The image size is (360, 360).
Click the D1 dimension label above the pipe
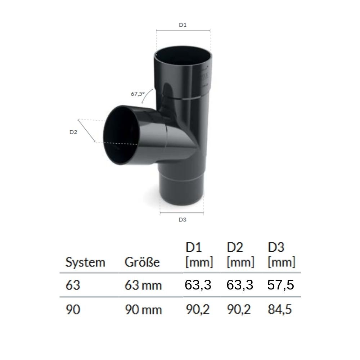(x=183, y=25)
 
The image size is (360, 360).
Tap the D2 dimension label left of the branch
(x=73, y=132)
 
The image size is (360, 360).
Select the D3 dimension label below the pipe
(x=182, y=220)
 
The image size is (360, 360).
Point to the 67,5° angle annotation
(x=137, y=94)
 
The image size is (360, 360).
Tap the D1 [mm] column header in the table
(x=199, y=255)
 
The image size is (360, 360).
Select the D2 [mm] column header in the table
(x=240, y=255)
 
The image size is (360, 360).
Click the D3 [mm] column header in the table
(x=281, y=255)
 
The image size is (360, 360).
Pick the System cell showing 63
(x=73, y=285)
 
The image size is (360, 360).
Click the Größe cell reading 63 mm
(x=143, y=286)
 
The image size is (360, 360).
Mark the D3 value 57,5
(x=281, y=285)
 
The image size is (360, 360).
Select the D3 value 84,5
(x=281, y=309)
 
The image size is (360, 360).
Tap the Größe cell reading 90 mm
(x=143, y=310)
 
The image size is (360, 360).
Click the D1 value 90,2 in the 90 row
(x=198, y=309)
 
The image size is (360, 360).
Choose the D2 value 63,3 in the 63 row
(x=240, y=285)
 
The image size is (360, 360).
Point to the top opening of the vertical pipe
(x=183, y=56)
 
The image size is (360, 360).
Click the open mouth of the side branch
(x=121, y=135)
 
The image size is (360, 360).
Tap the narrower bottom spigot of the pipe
(x=182, y=196)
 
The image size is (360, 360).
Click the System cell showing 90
(x=73, y=310)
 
